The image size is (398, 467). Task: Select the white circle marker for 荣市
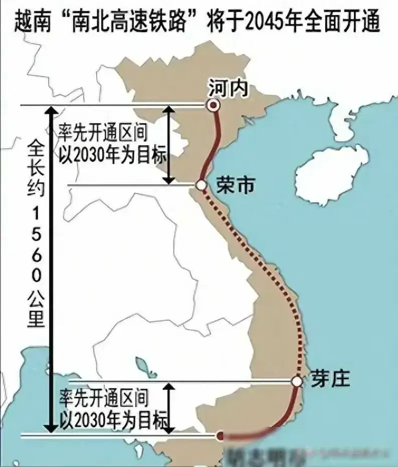pyautogui.click(x=201, y=185)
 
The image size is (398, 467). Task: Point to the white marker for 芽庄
pyautogui.click(x=297, y=382)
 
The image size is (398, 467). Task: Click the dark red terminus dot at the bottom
pyautogui.click(x=220, y=436)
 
